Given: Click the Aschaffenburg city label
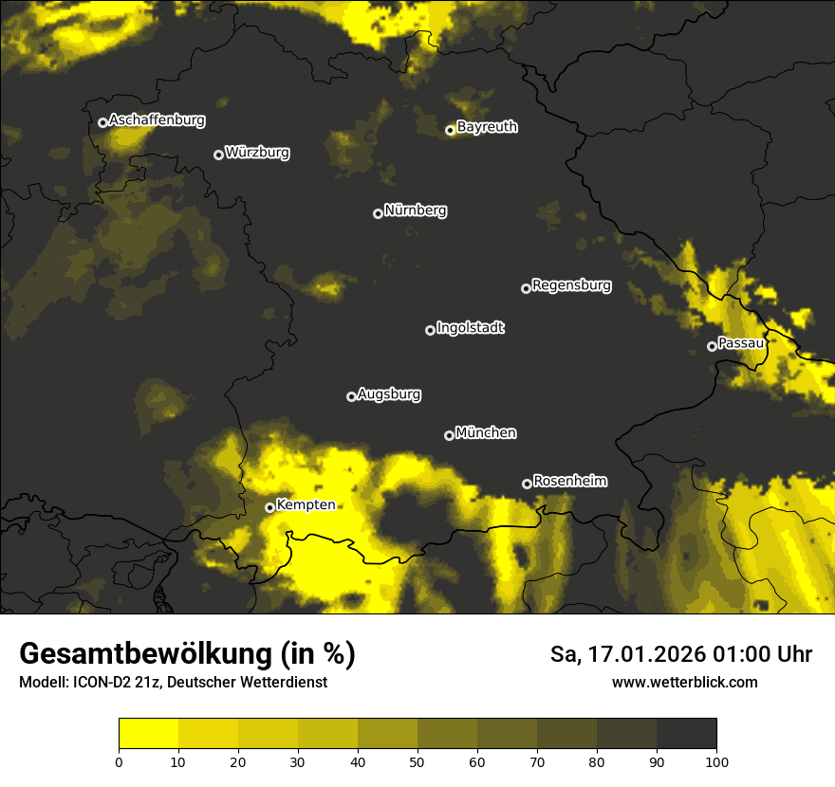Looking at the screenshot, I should (x=157, y=120).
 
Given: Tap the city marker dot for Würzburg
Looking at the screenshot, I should (x=218, y=155).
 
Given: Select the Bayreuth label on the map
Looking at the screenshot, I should (x=487, y=127).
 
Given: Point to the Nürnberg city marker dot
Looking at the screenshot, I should (x=378, y=213).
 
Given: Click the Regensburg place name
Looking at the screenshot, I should (x=571, y=284).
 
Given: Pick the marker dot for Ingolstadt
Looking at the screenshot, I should (x=430, y=330).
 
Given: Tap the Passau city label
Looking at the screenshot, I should (x=741, y=343).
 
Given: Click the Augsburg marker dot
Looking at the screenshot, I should (x=351, y=396).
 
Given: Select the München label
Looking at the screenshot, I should (x=486, y=432).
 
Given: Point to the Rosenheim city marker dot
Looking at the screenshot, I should (x=527, y=484).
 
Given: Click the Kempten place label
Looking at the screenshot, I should (x=306, y=504).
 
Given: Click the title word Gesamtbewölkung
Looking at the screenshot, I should (x=146, y=654).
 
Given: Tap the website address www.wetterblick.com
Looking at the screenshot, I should (x=685, y=682).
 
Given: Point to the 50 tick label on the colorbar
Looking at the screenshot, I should (x=417, y=761).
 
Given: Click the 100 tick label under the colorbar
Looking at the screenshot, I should (x=715, y=761).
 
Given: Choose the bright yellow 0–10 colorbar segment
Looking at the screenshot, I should (x=149, y=734).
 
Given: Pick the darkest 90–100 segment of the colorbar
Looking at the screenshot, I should (x=686, y=734).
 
